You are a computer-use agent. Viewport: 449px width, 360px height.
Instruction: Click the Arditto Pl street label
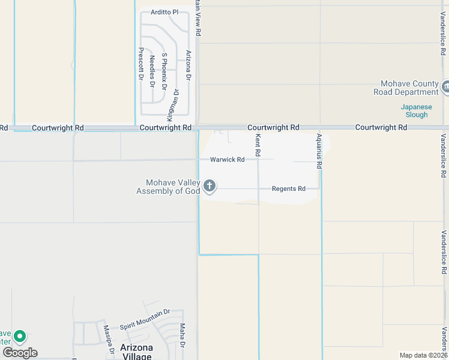pos(164,12)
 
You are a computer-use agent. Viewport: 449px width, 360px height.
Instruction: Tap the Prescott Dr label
pos(141,64)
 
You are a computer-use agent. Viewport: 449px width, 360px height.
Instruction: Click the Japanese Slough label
pos(414,111)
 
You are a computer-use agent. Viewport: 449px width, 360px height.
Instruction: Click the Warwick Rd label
pos(227,160)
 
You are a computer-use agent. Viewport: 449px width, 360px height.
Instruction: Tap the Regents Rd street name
pos(289,188)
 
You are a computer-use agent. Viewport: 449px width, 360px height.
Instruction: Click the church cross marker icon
pos(209,186)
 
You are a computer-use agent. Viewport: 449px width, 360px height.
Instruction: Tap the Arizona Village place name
pos(136,352)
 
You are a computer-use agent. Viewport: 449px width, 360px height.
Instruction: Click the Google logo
pos(20,352)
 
